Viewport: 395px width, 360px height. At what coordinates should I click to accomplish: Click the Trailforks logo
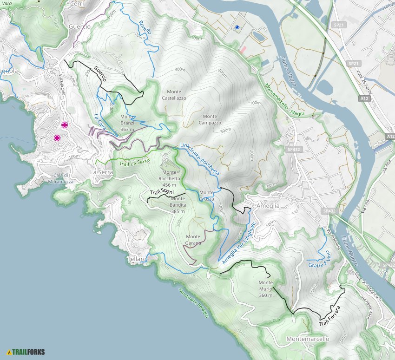pyautogui.click(x=26, y=352)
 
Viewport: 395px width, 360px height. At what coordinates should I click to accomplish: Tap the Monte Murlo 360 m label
pyautogui.click(x=265, y=288)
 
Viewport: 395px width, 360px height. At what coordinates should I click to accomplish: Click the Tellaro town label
pyautogui.click(x=136, y=258)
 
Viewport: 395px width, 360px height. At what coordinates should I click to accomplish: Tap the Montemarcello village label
pyautogui.click(x=308, y=339)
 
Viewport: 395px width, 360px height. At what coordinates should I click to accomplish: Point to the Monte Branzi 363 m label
pyautogui.click(x=127, y=123)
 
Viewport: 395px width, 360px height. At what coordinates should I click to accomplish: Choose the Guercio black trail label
pyautogui.click(x=100, y=74)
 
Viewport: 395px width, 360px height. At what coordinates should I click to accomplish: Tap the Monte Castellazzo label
pyautogui.click(x=174, y=95)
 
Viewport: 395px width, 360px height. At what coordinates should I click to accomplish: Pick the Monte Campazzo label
pyautogui.click(x=210, y=119)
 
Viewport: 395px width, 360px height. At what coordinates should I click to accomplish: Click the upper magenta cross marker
pyautogui.click(x=65, y=124)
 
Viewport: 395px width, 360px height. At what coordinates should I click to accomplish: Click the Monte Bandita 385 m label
pyautogui.click(x=178, y=205)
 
